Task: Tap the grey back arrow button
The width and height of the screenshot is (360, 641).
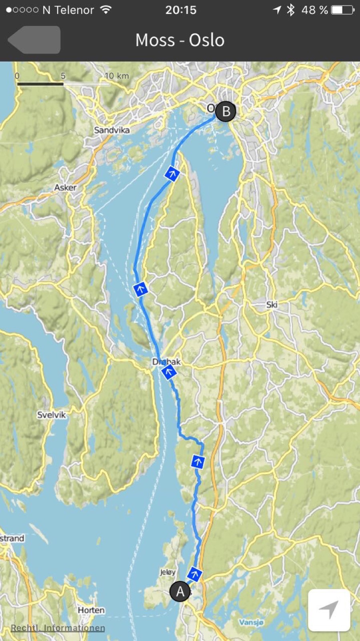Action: pos(34,40)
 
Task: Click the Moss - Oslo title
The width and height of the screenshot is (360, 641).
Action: pos(180,40)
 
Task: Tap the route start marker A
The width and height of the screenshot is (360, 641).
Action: pos(180,591)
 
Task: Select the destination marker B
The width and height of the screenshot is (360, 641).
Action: pos(226,111)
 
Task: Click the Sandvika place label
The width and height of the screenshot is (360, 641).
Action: pos(112,130)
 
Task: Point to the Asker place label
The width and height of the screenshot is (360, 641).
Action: pos(65,187)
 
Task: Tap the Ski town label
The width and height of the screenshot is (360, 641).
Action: pos(272,304)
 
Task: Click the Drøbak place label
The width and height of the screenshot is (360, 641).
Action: pos(166,361)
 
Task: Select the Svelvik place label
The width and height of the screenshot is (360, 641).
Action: pos(51,415)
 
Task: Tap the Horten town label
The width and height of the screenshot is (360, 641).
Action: pos(91,610)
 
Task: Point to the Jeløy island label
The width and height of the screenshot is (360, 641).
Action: pos(168,572)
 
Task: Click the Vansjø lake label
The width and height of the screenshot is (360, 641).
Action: pos(251,622)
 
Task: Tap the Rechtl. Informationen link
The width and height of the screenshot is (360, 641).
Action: pos(58,628)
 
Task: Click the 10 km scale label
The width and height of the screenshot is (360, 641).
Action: pos(117,76)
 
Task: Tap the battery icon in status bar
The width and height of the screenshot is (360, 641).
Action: pos(342,10)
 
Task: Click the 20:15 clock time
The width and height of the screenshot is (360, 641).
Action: pos(181,10)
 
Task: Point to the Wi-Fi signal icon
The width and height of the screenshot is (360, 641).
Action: pos(106,10)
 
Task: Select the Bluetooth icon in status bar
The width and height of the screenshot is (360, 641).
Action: pos(291,10)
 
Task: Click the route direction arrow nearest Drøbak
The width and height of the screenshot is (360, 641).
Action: pos(169,373)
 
